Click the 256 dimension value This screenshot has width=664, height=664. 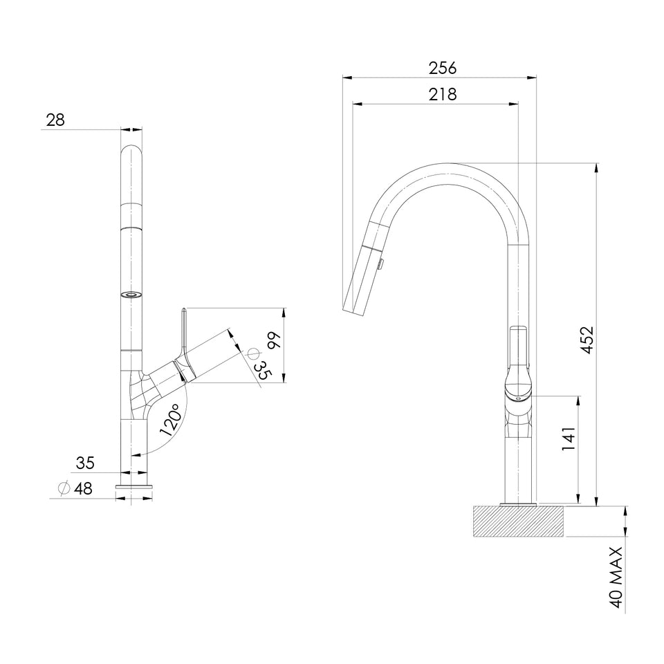[443, 68]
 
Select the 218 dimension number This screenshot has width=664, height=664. [443, 95]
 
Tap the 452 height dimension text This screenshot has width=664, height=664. [587, 340]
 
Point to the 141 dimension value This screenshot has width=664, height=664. [569, 439]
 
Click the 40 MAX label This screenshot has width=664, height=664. [616, 577]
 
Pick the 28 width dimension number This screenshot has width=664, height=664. [55, 120]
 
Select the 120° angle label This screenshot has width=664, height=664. [171, 419]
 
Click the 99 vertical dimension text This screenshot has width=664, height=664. [274, 340]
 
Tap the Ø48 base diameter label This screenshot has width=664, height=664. [75, 488]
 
